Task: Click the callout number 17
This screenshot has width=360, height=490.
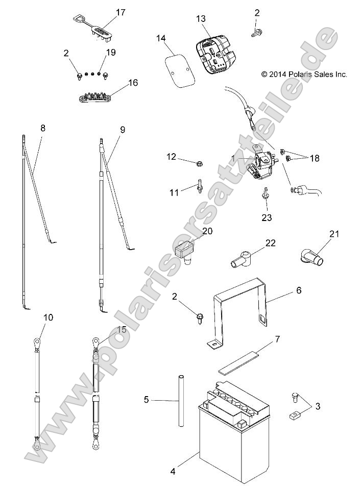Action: point(121,12)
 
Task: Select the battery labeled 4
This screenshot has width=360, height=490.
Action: point(230,434)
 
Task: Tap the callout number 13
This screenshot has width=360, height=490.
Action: point(201,18)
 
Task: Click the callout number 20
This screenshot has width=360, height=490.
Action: point(207,231)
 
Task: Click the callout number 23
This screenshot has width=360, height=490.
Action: point(267,217)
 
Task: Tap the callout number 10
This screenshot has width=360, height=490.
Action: point(48,317)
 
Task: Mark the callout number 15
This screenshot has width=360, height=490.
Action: point(122,330)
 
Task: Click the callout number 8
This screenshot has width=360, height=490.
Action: point(43,129)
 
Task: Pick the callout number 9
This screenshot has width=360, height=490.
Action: point(123,130)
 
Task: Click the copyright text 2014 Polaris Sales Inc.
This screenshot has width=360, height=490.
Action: point(304,74)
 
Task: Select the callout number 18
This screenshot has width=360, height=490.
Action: point(314,159)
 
